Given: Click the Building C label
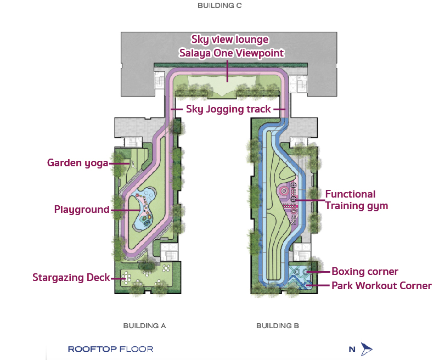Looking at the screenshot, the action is tap(219, 5).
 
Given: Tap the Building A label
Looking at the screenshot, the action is tap(144, 326).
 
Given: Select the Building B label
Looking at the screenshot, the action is tap(278, 326).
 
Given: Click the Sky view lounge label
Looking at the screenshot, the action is tap(230, 40).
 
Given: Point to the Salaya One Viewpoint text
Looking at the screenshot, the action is tap(232, 53).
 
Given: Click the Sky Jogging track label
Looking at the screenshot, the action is tap(228, 109).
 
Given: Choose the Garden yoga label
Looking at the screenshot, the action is tap(77, 163).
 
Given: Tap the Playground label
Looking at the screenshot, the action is tap(82, 210).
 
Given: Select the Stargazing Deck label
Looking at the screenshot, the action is tap(71, 278).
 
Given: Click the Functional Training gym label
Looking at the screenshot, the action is tap(356, 200).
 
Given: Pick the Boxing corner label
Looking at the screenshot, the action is tap(365, 271).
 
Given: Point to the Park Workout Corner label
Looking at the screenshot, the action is tap(381, 285).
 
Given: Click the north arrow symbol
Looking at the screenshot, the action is tap(366, 349).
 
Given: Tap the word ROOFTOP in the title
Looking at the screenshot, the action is tap(92, 349).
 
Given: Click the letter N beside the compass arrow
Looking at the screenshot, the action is tap(352, 349).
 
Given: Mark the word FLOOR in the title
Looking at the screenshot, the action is tap(136, 349).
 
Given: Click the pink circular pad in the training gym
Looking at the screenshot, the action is tap(284, 191).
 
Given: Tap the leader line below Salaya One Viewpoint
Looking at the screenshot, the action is tap(227, 70).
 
